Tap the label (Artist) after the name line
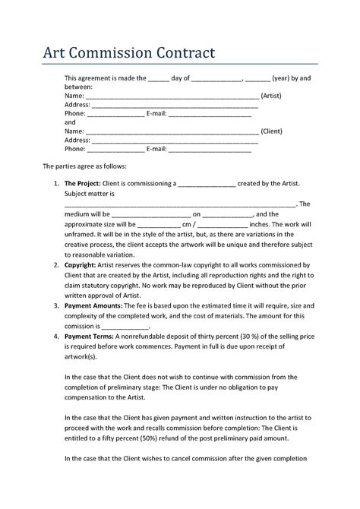(x=272, y=97)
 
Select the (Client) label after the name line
(x=272, y=131)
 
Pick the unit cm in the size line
(x=188, y=225)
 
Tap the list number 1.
(x=56, y=184)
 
